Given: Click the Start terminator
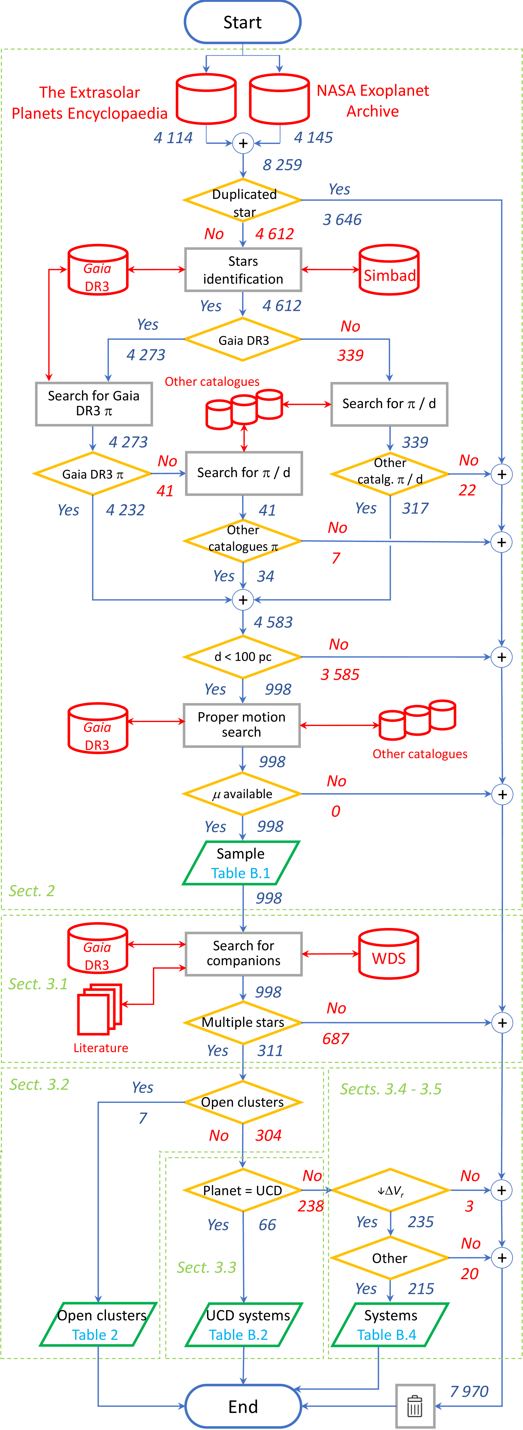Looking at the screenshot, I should pos(242,22).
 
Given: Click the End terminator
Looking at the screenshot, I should pos(242,1406).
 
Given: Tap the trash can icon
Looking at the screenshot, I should pos(415,1406).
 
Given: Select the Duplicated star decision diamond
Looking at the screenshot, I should pos(242,201).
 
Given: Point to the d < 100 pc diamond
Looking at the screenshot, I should pos(242,657).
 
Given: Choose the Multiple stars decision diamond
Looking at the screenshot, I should pos(242,1022).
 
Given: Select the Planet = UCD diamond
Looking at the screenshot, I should pos(242,1190).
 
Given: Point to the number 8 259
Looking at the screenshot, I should pos(282,165).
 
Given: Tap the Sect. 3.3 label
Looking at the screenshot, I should pos(206,1267).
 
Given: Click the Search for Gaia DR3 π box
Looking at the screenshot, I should pos(94,404).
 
